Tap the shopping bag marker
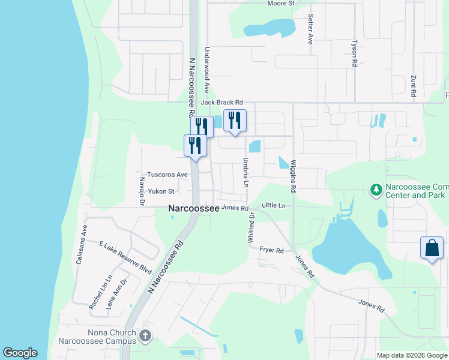pyautogui.click(x=432, y=248)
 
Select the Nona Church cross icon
pyautogui.click(x=145, y=336)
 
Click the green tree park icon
pyautogui.click(x=376, y=190)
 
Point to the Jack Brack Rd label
pyautogui.click(x=221, y=103)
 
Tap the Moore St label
pyautogui.click(x=281, y=4)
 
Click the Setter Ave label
pyautogui.click(x=310, y=29)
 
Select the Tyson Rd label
pyautogui.click(x=354, y=53)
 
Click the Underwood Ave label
pyautogui.click(x=206, y=70)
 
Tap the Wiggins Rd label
pyautogui.click(x=294, y=176)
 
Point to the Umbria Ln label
pyautogui.click(x=246, y=172)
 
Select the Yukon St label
pyautogui.click(x=161, y=191)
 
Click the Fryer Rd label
pyautogui.click(x=271, y=250)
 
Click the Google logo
pyautogui.click(x=20, y=353)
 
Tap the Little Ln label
pyautogui.click(x=274, y=206)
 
